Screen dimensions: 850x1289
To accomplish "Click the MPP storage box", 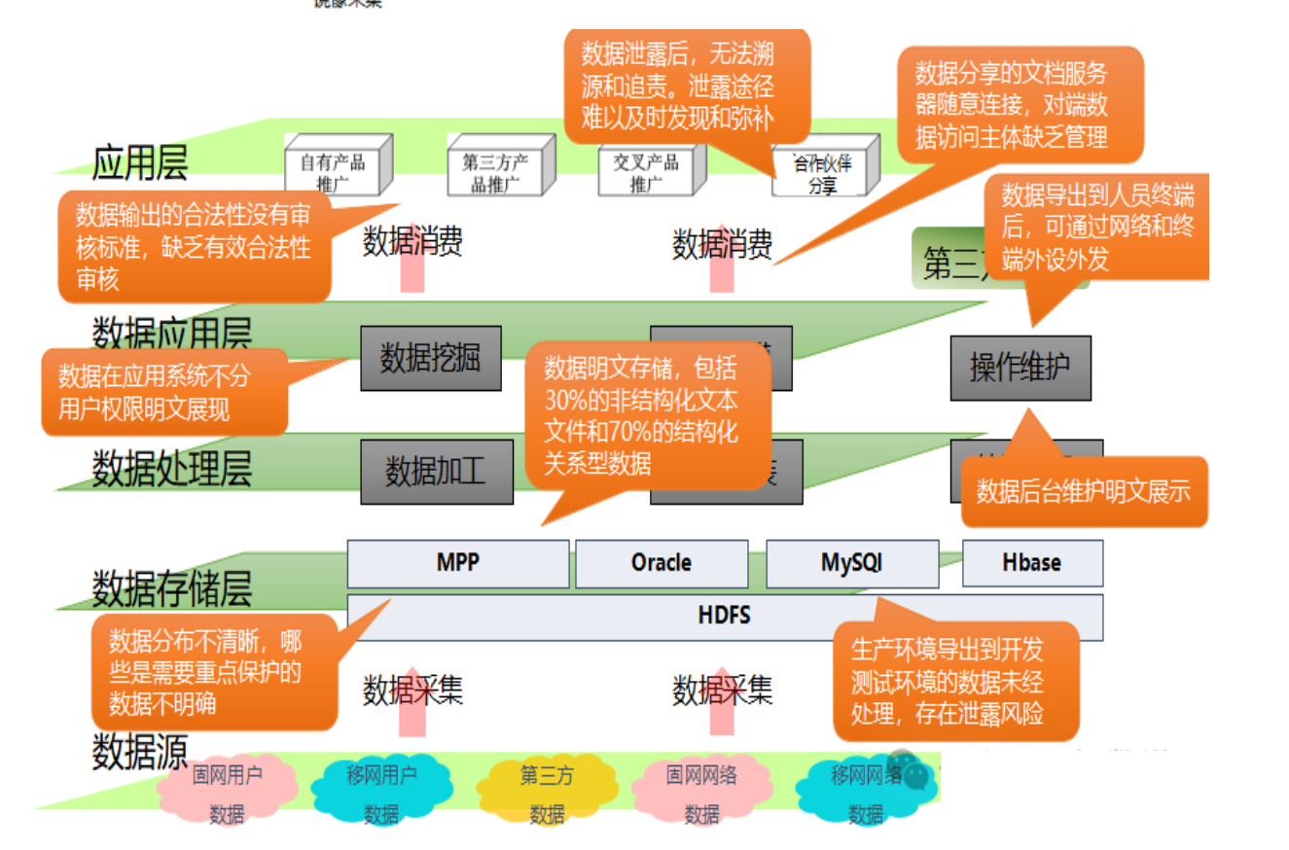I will (457, 563).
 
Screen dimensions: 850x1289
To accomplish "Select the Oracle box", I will (662, 563).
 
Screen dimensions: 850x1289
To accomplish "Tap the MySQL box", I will (852, 563).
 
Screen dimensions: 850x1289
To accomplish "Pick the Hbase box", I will (1032, 563).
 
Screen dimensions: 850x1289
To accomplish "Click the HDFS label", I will (725, 616).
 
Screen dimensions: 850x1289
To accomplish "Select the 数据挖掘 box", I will (430, 358).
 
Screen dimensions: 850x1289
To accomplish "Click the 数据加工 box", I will (436, 473).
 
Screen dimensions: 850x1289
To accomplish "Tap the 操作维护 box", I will (1020, 368).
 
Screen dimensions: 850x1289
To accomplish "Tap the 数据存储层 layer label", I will (171, 588).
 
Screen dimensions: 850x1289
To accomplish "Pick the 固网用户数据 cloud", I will (228, 794).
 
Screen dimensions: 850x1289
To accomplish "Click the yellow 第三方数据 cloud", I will (547, 794).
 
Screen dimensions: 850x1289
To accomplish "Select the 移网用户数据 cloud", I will (381, 794).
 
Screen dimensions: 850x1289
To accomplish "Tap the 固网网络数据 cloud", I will (701, 794).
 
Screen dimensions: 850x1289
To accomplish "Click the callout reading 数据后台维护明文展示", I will (1084, 491).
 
